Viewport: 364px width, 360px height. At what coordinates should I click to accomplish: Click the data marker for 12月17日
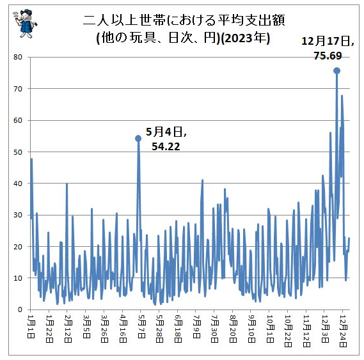pyautogui.click(x=336, y=71)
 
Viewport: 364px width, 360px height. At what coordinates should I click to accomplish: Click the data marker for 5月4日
pyautogui.click(x=138, y=138)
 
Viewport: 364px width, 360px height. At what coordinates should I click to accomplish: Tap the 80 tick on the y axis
pyautogui.click(x=18, y=57)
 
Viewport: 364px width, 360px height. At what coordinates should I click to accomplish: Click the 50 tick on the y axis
pyautogui.click(x=18, y=152)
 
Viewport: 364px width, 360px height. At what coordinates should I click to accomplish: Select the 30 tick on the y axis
pyautogui.click(x=18, y=215)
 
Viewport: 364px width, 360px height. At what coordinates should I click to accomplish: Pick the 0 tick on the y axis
pyautogui.click(x=20, y=309)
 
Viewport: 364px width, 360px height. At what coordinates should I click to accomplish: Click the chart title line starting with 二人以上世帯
pyautogui.click(x=182, y=20)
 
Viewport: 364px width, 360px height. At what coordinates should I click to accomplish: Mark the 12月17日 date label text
pyautogui.click(x=327, y=41)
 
